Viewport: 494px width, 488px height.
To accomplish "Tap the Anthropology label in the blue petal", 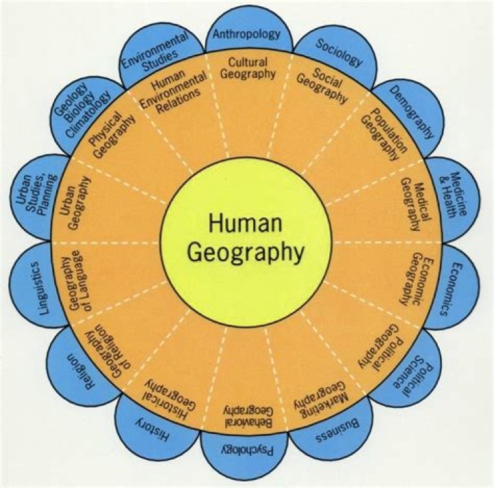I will click(x=246, y=34).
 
